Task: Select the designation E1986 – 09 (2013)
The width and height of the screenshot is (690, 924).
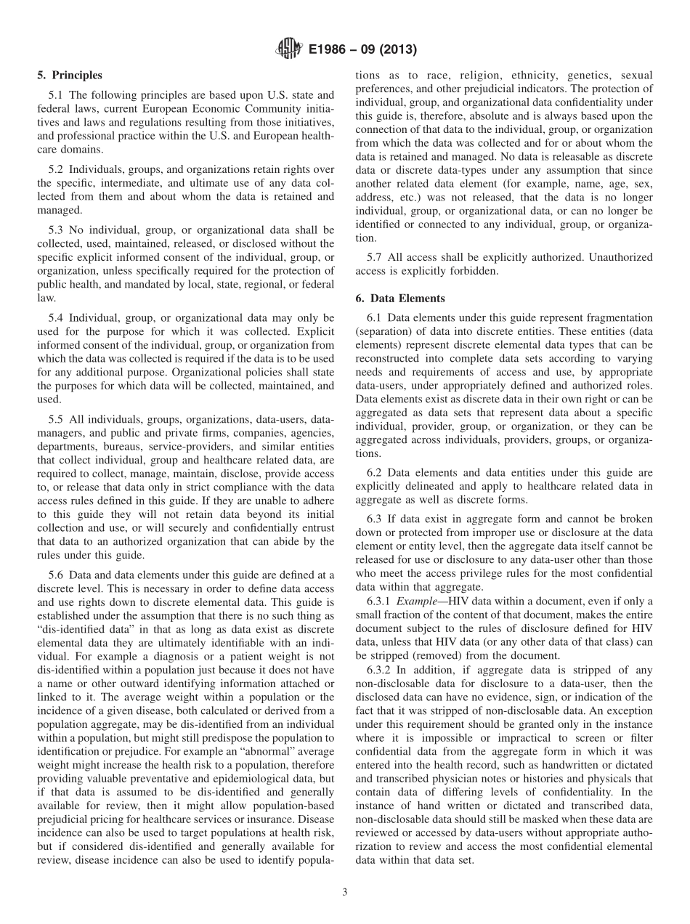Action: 360,50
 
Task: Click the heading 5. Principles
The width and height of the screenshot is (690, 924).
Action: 70,75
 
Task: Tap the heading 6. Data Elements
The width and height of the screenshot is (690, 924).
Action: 400,298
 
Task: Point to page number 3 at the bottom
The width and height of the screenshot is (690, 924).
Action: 345,892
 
